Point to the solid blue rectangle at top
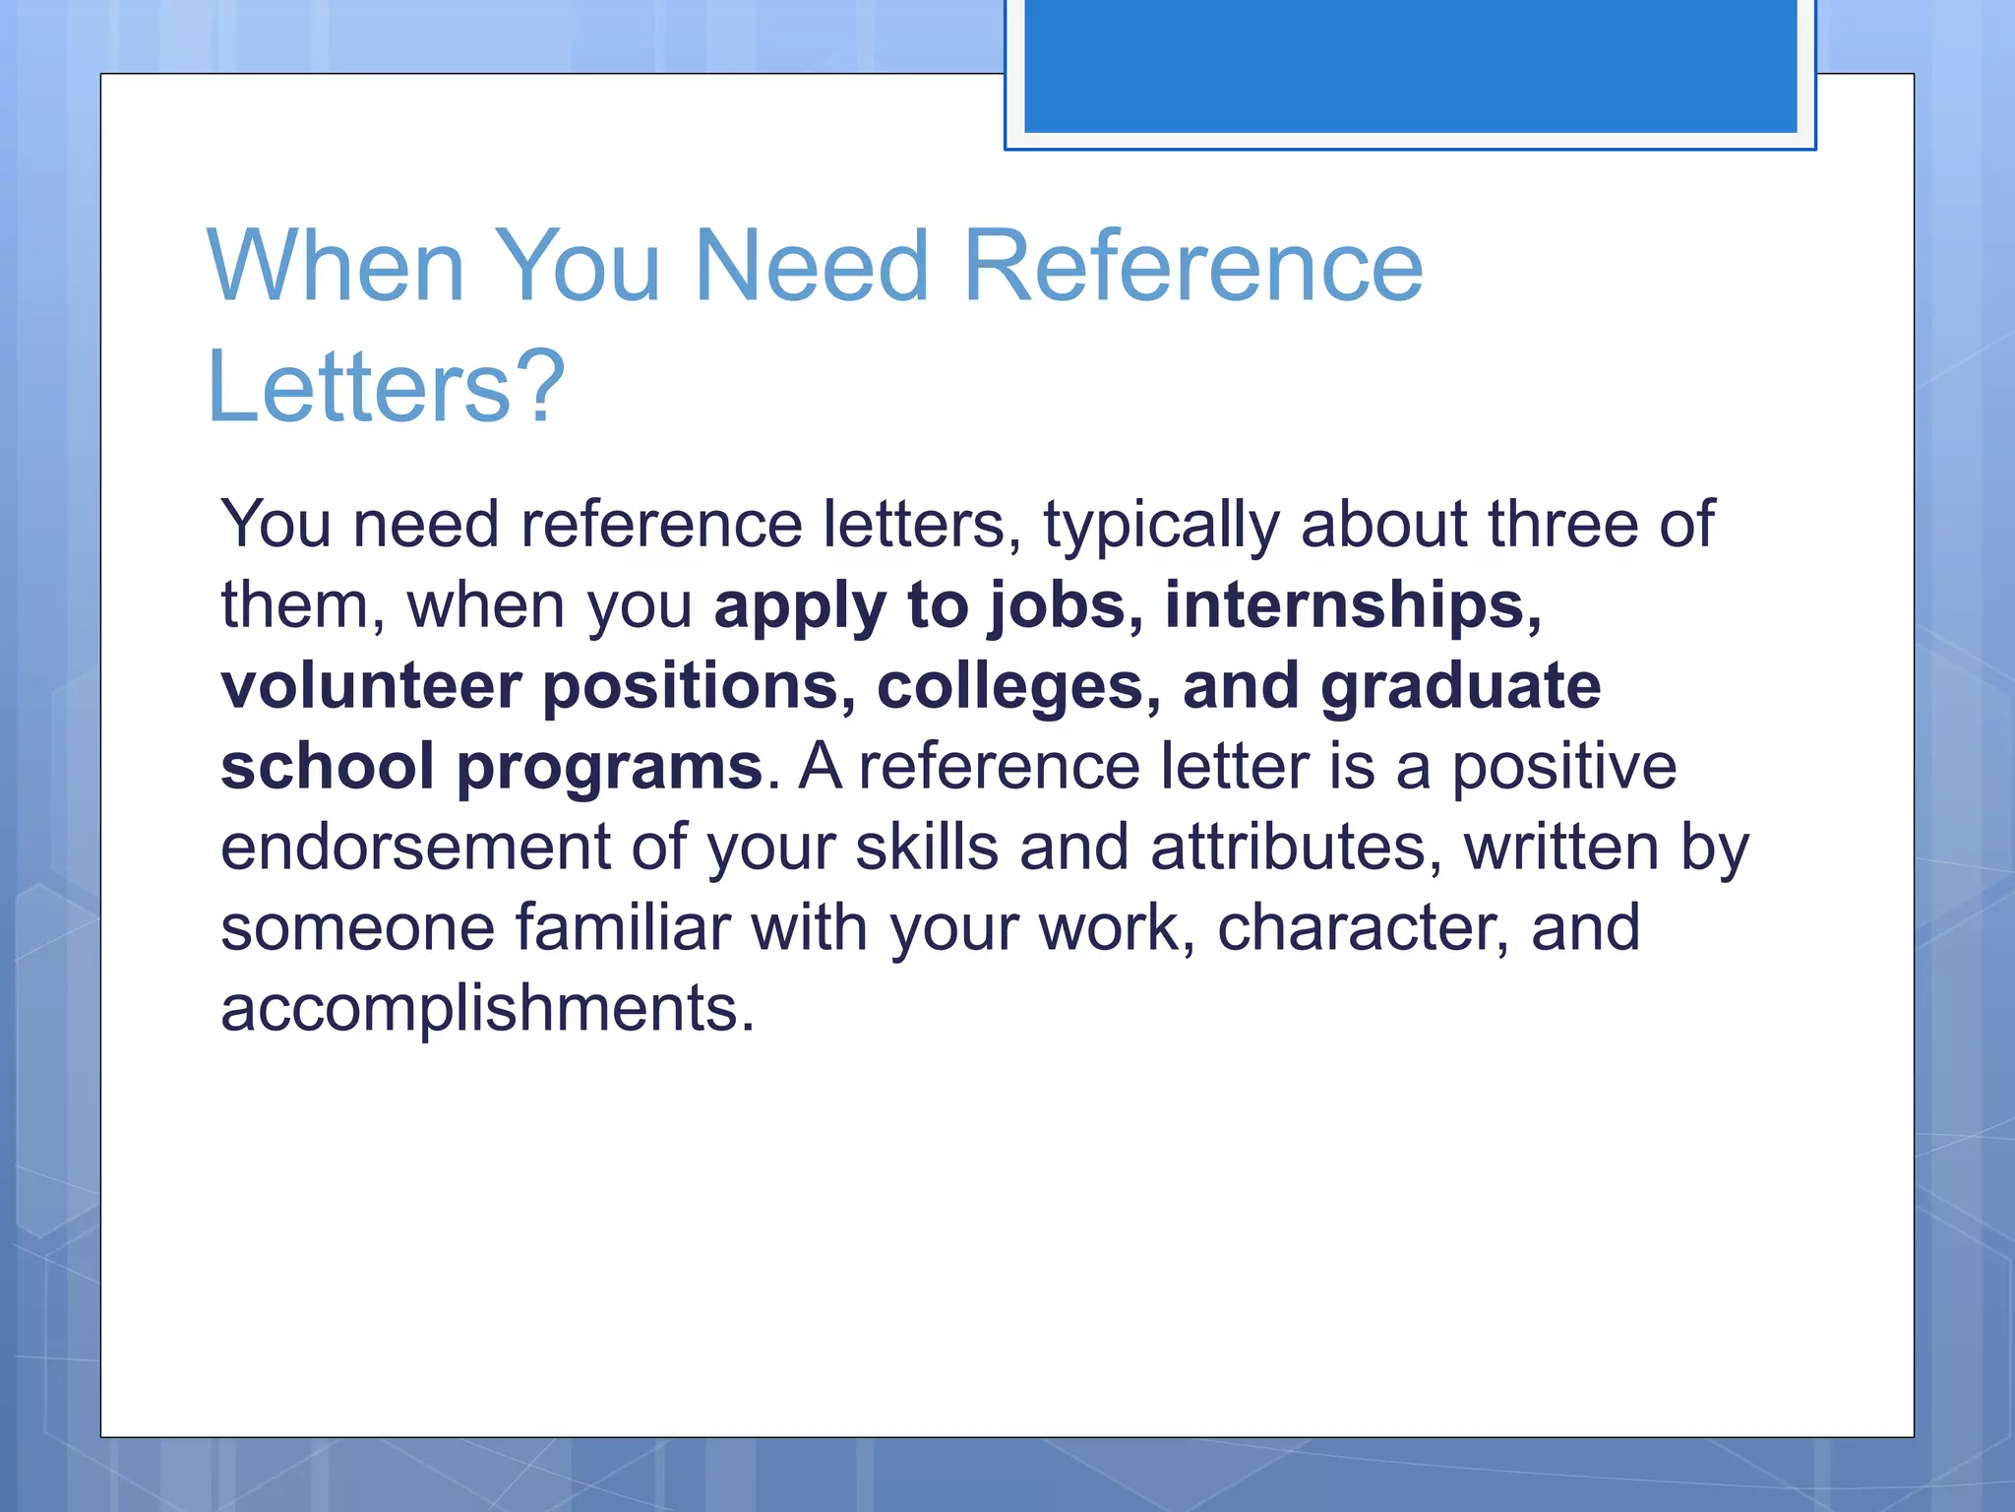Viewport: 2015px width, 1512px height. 1410,65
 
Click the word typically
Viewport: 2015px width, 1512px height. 1161,526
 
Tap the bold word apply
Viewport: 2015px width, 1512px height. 800,607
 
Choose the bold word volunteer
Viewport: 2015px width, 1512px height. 371,686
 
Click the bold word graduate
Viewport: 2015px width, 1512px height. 1460,688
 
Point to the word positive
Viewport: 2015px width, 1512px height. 1564,768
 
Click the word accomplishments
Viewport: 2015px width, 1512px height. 487,1010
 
